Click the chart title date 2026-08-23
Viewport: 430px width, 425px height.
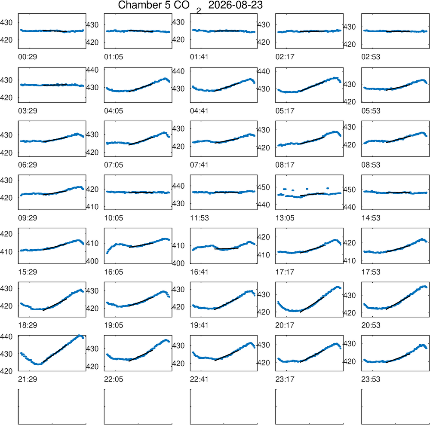235,5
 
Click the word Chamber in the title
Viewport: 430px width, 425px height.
136,5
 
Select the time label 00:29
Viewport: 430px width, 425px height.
28,57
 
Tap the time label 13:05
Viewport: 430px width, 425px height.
285,218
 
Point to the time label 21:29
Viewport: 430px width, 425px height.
28,379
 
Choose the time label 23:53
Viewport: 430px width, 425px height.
371,379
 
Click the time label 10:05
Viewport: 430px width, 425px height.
114,218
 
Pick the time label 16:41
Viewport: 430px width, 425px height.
200,272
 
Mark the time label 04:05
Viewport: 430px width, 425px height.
114,111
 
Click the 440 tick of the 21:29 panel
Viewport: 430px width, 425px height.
6,336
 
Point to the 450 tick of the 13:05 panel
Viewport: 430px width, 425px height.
264,187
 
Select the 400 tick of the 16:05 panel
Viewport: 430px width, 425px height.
92,261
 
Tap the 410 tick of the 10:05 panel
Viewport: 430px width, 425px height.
92,207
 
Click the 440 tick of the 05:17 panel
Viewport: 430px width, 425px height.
264,71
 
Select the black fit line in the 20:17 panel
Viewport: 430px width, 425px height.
312,304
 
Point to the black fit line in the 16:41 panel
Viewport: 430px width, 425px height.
226,248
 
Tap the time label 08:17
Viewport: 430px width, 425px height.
285,165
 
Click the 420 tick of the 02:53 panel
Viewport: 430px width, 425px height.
349,44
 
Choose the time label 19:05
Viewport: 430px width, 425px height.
114,325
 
